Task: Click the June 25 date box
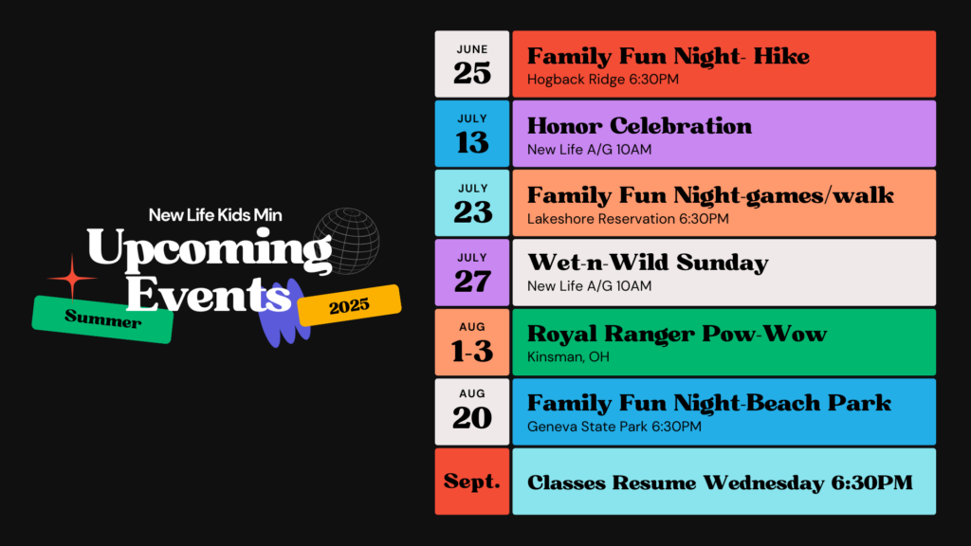pos(472,64)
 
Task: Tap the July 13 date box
pos(472,134)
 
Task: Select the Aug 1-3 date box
pos(472,342)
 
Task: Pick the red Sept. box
pos(472,482)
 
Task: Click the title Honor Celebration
pos(639,126)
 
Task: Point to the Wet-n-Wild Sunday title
pos(648,264)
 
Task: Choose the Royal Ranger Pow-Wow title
pos(677,334)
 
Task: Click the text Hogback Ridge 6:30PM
pos(602,80)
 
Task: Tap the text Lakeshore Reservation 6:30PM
pos(628,219)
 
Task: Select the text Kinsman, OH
pos(568,357)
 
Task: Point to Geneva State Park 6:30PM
pos(614,427)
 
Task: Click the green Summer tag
pos(102,319)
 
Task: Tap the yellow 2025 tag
pos(349,305)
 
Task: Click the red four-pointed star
pos(72,278)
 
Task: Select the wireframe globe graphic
pos(347,241)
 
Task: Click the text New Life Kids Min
pos(215,215)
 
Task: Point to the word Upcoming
pos(210,250)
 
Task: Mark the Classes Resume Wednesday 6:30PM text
pos(720,482)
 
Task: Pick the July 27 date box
pos(472,273)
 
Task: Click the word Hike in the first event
pos(782,56)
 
